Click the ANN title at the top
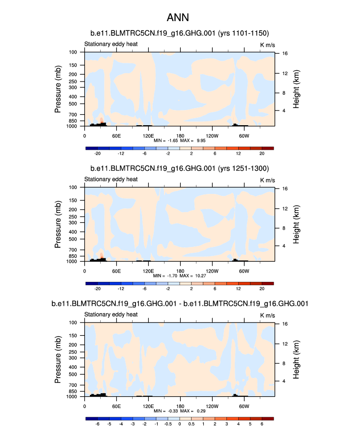pyautogui.click(x=180, y=18)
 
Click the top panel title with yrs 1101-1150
pyautogui.click(x=180, y=33)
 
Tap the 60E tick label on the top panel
pyautogui.click(x=116, y=136)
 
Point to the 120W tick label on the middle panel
pyautogui.click(x=212, y=271)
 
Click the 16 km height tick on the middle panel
pyautogui.click(x=278, y=189)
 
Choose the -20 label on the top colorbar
pyautogui.click(x=97, y=153)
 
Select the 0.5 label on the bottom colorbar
pyautogui.click(x=192, y=423)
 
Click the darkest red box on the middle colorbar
pyautogui.click(x=268, y=283)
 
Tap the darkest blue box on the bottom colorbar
pyautogui.click(x=91, y=418)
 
